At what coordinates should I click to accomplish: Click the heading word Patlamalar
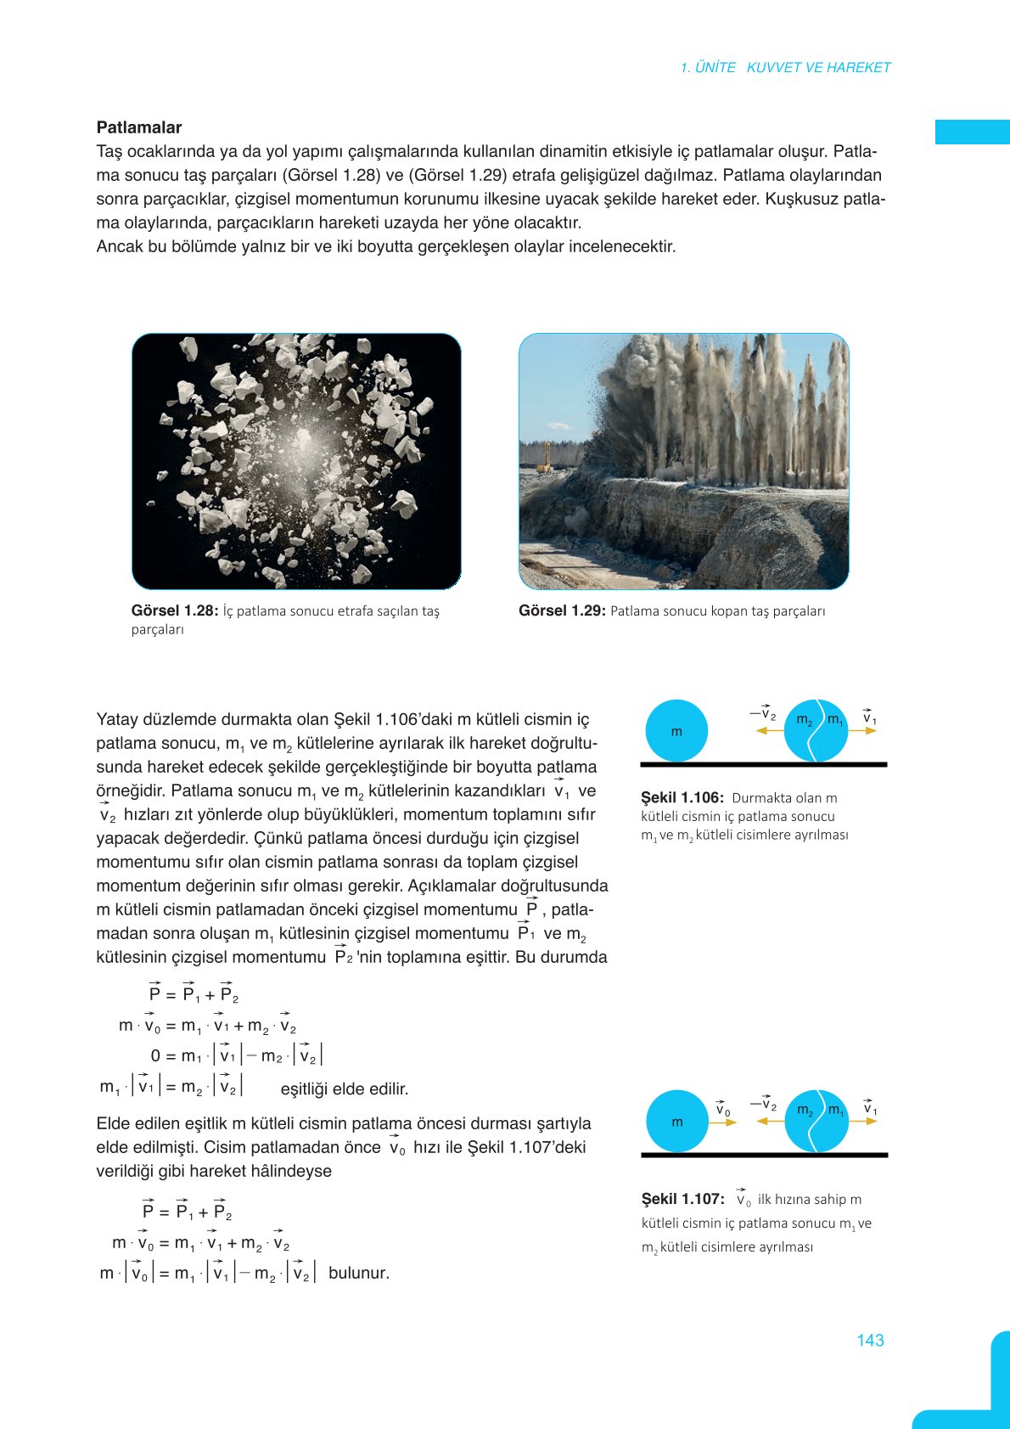139,127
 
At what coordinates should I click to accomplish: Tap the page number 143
870,1340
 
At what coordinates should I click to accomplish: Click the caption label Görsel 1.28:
175,610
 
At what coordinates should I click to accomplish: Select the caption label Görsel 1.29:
562,610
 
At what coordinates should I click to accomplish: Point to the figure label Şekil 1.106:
682,798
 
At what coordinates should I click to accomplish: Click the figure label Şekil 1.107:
683,1199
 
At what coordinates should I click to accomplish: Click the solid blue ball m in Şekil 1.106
676,731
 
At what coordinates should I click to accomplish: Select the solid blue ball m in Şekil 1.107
677,1122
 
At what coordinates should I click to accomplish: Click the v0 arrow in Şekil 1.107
722,1122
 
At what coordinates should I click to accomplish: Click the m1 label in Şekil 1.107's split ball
835,1111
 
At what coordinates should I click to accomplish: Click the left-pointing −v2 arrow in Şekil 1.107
770,1121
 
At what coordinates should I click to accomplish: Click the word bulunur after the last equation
358,1273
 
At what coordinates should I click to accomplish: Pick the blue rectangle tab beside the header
972,132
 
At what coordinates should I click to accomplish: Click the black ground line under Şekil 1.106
764,764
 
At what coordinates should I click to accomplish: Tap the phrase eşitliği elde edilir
345,1089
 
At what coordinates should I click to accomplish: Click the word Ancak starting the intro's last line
120,247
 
